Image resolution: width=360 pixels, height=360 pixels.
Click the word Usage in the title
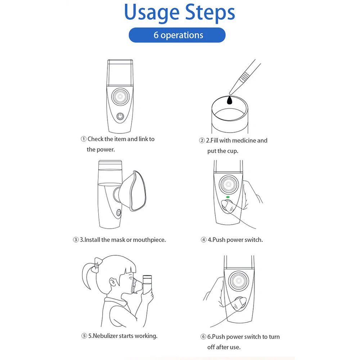(x=152, y=13)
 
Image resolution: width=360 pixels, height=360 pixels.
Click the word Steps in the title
(x=210, y=12)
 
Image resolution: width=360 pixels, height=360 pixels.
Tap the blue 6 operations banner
(x=177, y=35)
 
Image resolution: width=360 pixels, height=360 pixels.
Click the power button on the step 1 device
(x=120, y=116)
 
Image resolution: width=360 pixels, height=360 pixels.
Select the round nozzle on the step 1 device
(x=120, y=96)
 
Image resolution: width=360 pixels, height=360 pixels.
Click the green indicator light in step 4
(x=228, y=197)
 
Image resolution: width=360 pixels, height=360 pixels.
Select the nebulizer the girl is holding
(x=147, y=285)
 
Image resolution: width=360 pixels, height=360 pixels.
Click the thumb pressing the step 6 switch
(x=238, y=303)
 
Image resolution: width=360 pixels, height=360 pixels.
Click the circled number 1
(x=84, y=139)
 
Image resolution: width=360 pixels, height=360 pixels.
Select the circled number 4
(x=203, y=240)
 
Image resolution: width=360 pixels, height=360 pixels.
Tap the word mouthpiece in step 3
(x=149, y=240)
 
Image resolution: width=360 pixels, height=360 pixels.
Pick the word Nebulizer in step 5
(x=105, y=336)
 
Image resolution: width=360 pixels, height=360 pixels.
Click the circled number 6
(x=203, y=337)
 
